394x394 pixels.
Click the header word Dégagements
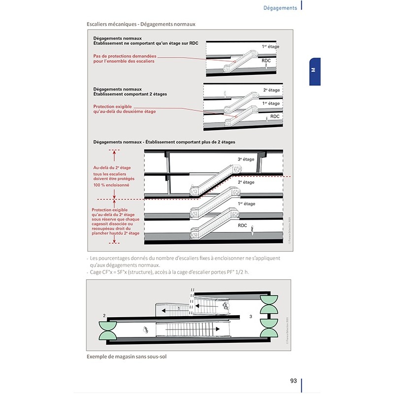[280, 8]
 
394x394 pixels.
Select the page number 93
[293, 381]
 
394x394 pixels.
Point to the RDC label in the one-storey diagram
[266, 60]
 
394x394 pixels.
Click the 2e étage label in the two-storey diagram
[271, 90]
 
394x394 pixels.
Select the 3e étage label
[246, 159]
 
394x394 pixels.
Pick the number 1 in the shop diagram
[179, 308]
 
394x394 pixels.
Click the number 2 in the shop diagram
[104, 315]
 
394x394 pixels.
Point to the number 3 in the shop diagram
[251, 317]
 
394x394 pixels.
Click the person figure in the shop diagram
[146, 329]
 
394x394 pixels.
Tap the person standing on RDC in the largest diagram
[253, 229]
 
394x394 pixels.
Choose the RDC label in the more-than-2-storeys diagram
[242, 225]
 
